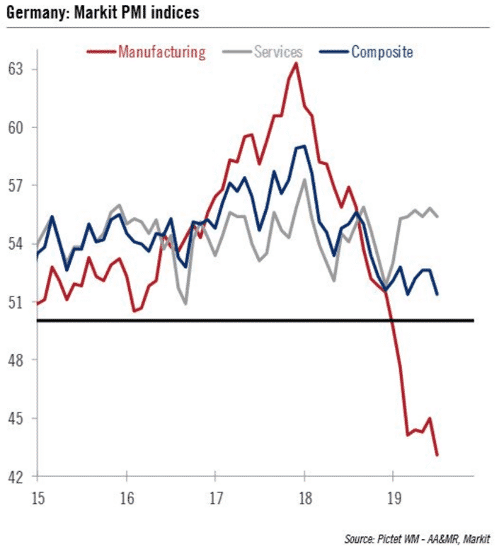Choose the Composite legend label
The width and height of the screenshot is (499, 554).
[382, 51]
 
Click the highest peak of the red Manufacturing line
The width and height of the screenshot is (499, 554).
[297, 63]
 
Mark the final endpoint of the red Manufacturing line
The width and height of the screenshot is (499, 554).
[437, 455]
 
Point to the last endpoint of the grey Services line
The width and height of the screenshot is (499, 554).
[437, 216]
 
